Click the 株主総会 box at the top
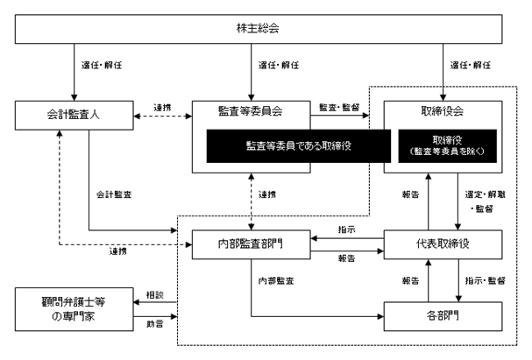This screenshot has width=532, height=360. pyautogui.click(x=259, y=29)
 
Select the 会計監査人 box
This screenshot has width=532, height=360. pyautogui.click(x=74, y=116)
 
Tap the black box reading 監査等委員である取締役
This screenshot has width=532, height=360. pyautogui.click(x=299, y=146)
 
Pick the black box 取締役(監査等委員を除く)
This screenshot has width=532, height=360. pyautogui.click(x=447, y=146)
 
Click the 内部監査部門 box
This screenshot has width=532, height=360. pyautogui.click(x=251, y=244)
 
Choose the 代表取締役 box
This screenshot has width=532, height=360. pyautogui.click(x=443, y=244)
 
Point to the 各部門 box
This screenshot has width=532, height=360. pyautogui.click(x=443, y=316)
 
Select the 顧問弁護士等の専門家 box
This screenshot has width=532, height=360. pyautogui.click(x=74, y=309)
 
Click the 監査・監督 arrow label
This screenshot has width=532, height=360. pyautogui.click(x=339, y=108)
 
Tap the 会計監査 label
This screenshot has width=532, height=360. pyautogui.click(x=114, y=194)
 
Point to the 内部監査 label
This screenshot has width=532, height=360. pyautogui.click(x=276, y=280)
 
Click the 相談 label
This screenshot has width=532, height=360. pyautogui.click(x=155, y=295)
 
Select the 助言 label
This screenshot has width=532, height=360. pyautogui.click(x=155, y=324)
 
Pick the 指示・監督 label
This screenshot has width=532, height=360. pyautogui.click(x=486, y=280)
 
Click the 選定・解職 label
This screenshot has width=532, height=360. pyautogui.click(x=486, y=194)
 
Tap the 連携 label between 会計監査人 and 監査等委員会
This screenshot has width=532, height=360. pyautogui.click(x=162, y=108)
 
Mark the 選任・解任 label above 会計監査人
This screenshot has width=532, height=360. pyautogui.click(x=102, y=65)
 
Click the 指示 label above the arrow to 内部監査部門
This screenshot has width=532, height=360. pyautogui.click(x=346, y=229)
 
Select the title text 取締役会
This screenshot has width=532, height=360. pyautogui.click(x=443, y=111)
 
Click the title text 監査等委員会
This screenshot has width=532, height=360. pyautogui.click(x=251, y=111)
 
